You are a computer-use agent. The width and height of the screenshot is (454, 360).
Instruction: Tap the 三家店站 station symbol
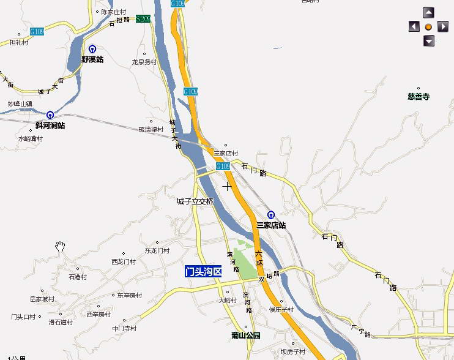coord(271,215)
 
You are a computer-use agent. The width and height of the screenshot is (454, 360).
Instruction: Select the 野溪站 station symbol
coord(92,49)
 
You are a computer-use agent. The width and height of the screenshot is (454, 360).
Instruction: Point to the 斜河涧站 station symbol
coord(50,115)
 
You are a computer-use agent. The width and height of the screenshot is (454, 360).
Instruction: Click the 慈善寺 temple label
coord(419,96)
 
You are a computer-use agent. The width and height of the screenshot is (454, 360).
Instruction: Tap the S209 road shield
coord(143,19)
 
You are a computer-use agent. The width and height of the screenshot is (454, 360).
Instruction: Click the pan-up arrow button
coord(429,12)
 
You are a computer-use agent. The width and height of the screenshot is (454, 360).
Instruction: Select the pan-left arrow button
coord(414,26)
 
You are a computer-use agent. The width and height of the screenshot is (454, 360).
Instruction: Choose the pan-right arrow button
coord(443,26)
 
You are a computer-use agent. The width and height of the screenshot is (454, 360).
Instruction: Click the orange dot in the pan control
coord(428,27)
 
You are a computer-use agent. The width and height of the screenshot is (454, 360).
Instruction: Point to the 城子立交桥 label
coord(195,201)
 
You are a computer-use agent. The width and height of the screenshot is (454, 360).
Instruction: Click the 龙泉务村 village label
coord(144,62)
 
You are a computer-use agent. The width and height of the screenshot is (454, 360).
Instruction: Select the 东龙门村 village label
coord(157,250)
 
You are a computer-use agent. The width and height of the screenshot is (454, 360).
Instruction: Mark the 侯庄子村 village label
coord(281,309)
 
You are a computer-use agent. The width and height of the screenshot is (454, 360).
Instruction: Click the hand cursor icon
coord(60,246)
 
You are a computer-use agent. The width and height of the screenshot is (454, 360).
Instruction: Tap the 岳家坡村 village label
coord(42,299)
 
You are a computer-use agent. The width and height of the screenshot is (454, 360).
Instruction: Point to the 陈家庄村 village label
coord(113,12)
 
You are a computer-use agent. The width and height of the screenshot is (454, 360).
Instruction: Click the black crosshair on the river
coord(227,186)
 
